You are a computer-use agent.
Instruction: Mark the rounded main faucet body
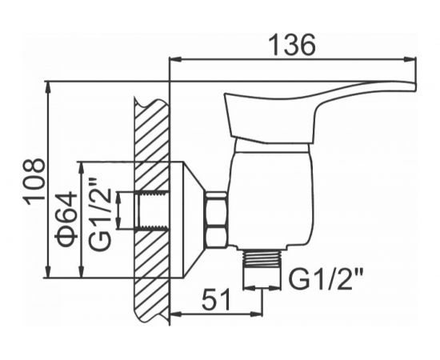coord(268,196)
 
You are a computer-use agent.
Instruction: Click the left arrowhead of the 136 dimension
coord(177,59)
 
